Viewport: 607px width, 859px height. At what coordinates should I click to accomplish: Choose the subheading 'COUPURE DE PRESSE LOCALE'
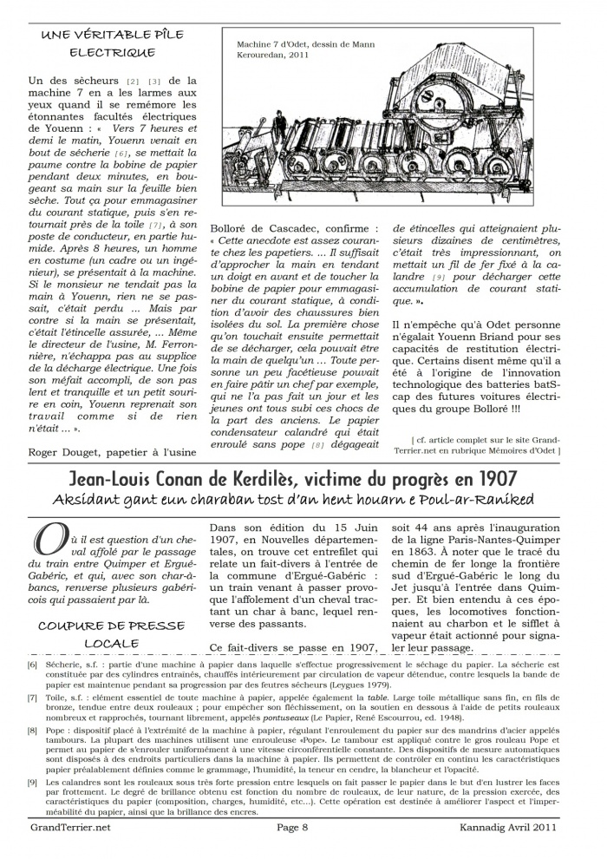pyautogui.click(x=115, y=633)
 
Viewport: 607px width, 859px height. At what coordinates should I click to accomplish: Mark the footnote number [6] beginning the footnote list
pyautogui.click(x=33, y=664)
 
